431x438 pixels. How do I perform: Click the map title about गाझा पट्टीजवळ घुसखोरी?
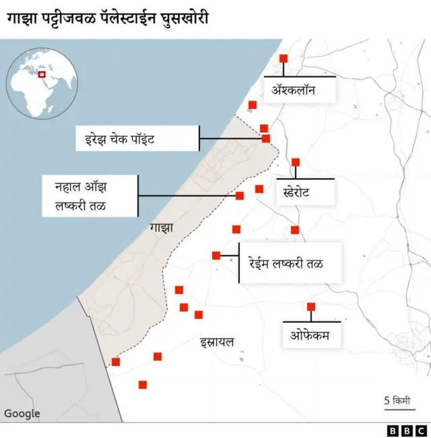[108, 17]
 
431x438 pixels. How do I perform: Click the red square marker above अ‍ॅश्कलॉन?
[284, 59]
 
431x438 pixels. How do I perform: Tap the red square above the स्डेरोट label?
[295, 162]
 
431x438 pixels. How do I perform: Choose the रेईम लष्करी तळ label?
[291, 263]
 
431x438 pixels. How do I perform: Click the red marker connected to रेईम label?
[216, 255]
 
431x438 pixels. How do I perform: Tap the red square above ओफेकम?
[311, 307]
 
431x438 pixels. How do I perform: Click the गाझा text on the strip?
[162, 228]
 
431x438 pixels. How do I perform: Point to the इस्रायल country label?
[217, 342]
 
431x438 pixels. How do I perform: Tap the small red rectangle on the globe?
[44, 73]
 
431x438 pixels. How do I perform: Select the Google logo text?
[22, 414]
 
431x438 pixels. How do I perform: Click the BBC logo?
[407, 430]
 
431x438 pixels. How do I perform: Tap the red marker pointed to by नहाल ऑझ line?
[239, 196]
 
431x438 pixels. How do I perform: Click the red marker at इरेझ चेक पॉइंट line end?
[266, 139]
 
